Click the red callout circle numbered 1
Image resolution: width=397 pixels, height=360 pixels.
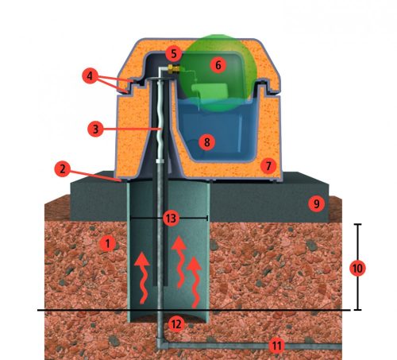(108, 244)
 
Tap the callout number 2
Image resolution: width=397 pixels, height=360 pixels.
(63, 168)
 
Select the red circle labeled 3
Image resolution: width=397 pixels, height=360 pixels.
(95, 129)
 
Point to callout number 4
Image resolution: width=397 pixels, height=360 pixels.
(90, 76)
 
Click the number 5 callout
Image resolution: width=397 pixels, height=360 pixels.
(174, 53)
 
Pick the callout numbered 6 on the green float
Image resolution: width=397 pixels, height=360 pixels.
(218, 65)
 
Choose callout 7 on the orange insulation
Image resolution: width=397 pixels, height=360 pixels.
(268, 166)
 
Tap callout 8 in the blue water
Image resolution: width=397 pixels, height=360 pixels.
(207, 142)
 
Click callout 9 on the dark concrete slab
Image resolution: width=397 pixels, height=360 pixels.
(316, 203)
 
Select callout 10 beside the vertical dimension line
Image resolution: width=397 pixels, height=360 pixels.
(357, 269)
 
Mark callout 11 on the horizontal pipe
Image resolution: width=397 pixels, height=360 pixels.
(277, 346)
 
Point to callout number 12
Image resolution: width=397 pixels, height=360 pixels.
(176, 323)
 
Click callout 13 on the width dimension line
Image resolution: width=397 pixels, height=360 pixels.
(171, 219)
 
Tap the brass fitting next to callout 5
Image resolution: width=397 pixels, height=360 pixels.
(173, 68)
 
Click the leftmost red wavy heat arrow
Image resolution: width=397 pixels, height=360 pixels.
(142, 278)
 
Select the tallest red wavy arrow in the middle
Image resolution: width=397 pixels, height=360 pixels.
(180, 262)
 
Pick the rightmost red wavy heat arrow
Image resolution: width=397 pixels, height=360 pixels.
(195, 282)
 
